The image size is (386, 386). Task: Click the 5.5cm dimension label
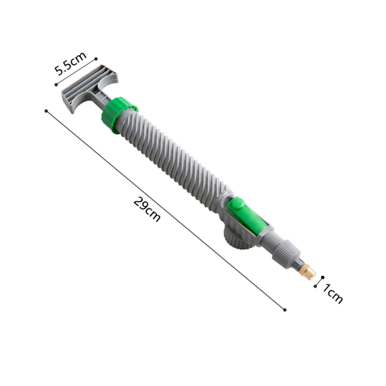click(x=70, y=63)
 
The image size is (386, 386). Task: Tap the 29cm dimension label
click(x=147, y=209)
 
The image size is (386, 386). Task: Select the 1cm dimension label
click(x=332, y=294)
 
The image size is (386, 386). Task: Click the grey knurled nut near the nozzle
click(x=286, y=254)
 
